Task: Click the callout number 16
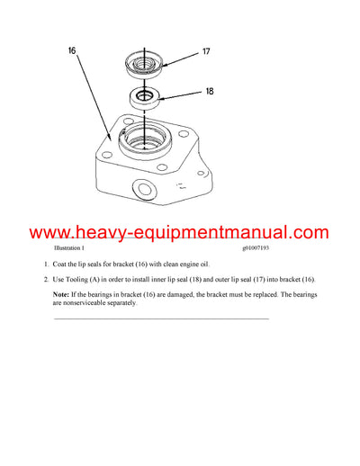72,52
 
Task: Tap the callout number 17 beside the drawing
205,52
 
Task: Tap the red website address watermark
180,233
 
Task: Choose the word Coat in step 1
62,264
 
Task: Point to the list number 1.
47,264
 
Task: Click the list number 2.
47,280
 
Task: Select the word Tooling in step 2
84,280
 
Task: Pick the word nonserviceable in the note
87,303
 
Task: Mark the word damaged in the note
173,295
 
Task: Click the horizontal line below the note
162,318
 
